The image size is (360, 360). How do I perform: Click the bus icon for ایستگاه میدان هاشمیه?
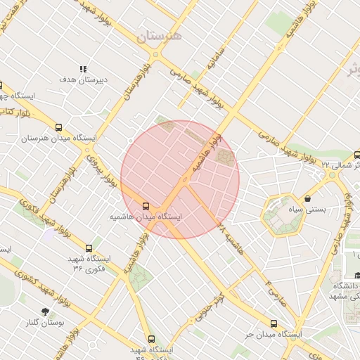146,206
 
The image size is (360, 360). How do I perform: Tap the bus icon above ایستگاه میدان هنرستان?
58,128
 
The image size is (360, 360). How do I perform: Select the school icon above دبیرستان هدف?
83,69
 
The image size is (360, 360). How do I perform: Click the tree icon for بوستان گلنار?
46,311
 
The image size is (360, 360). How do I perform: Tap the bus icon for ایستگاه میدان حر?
274,324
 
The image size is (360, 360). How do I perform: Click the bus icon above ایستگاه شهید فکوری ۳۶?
89,248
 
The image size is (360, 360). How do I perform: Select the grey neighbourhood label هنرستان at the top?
160,36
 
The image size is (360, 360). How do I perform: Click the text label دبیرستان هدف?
83,80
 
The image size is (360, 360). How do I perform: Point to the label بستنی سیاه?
309,210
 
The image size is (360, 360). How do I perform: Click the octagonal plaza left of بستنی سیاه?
283,215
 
